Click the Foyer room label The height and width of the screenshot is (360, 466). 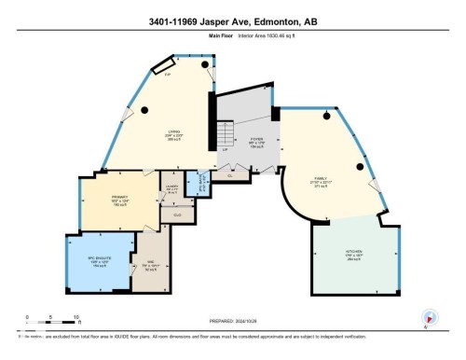(x=257, y=142)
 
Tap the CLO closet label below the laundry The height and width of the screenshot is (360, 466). (x=177, y=214)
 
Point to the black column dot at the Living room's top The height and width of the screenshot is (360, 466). (x=146, y=111)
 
